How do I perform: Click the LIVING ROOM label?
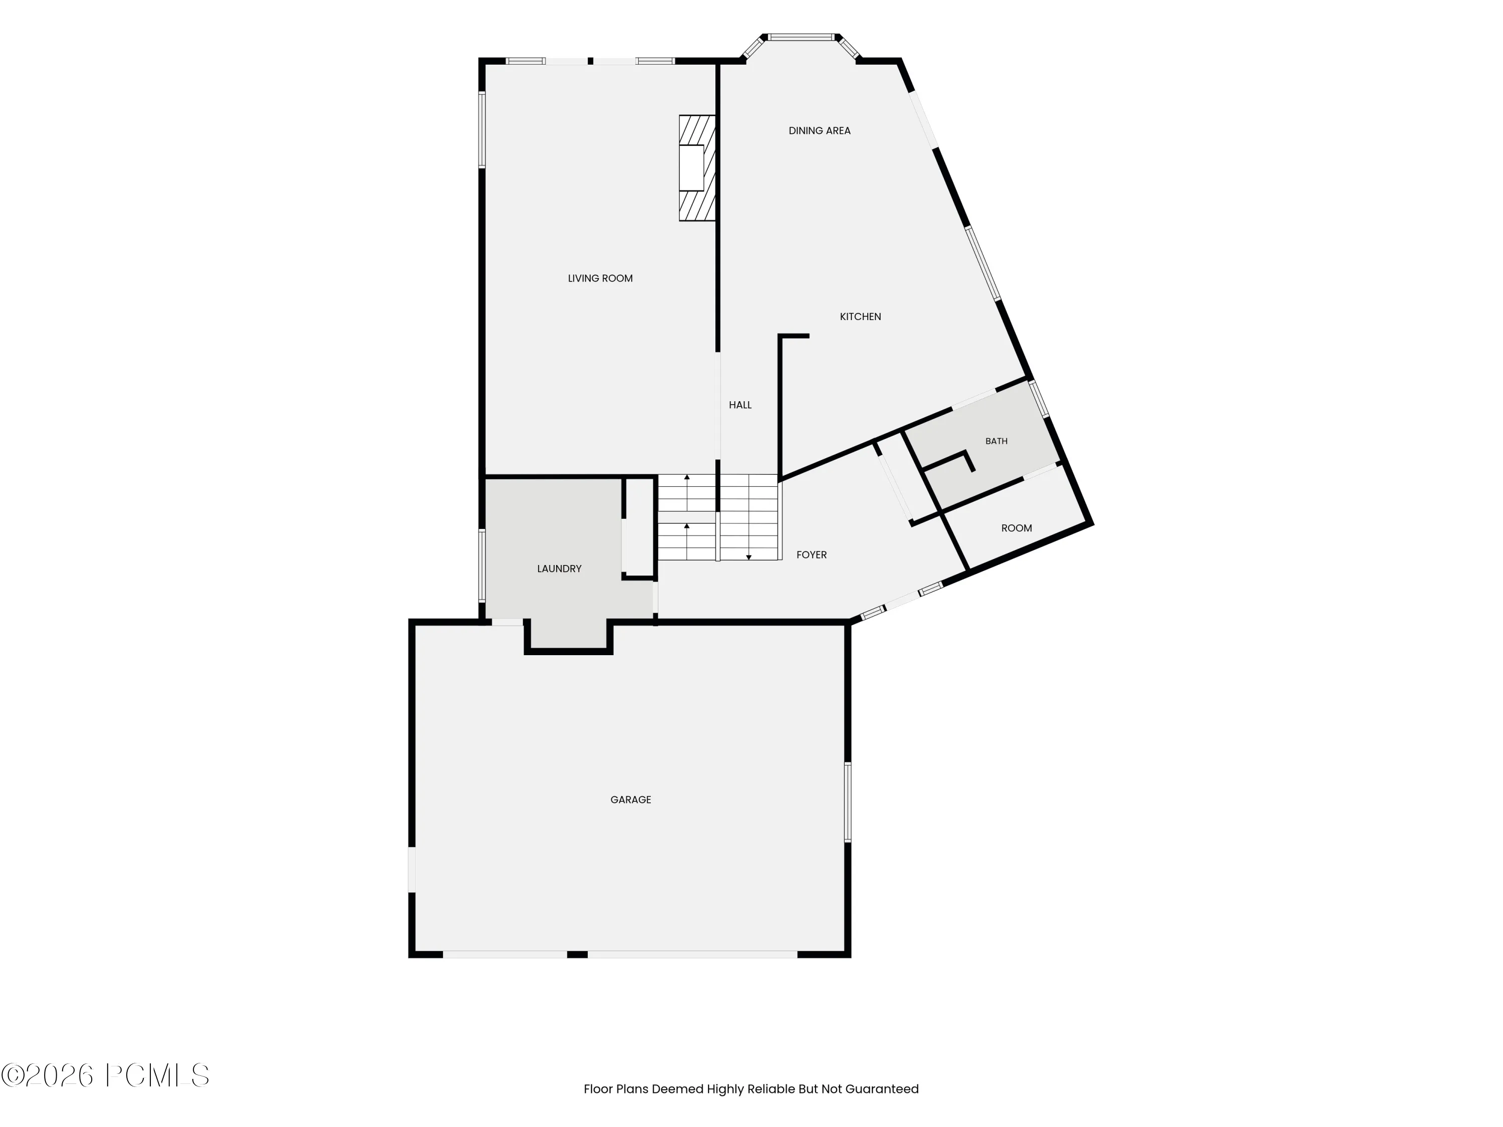click(x=600, y=278)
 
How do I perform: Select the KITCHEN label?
click(x=860, y=317)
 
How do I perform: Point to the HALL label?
click(x=740, y=405)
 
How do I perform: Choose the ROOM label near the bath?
click(x=1017, y=528)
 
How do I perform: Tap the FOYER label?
click(x=811, y=555)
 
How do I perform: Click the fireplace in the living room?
click(x=697, y=168)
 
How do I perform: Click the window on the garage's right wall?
click(x=847, y=802)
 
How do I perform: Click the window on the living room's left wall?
click(x=482, y=130)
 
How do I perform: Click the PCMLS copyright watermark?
click(x=105, y=1075)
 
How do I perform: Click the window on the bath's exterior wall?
click(x=1039, y=399)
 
